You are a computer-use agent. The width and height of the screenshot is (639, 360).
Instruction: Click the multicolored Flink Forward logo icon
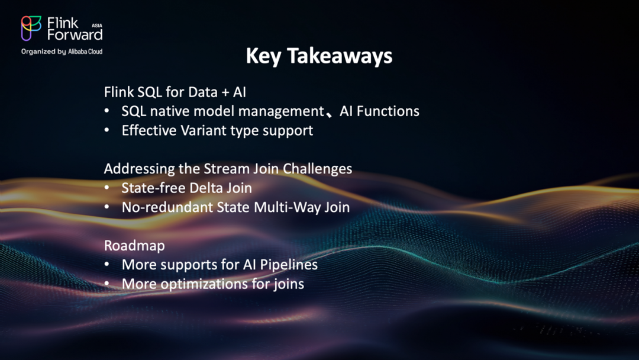click(31, 28)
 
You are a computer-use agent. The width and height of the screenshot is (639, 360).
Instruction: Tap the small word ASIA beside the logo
click(97, 25)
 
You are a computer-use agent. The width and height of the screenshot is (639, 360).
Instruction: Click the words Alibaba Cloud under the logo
click(85, 52)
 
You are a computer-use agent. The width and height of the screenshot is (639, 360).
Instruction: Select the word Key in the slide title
click(263, 56)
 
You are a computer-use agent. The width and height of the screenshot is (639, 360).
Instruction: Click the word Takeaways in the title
click(340, 56)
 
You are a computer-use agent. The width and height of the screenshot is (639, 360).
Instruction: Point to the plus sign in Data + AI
click(225, 92)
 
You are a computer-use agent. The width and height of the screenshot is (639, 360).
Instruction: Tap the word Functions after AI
click(388, 111)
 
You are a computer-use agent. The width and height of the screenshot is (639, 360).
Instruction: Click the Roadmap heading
click(134, 246)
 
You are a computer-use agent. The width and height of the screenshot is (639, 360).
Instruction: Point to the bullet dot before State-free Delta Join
click(106, 188)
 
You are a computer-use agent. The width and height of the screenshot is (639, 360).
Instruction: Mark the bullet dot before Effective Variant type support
click(106, 130)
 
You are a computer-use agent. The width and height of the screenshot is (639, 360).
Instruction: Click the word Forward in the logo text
click(75, 35)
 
